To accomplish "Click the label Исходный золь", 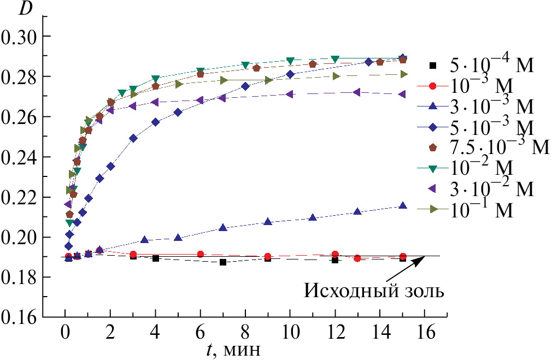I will click(374, 291).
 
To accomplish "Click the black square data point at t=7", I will click(222, 262).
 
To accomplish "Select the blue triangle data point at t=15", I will click(403, 206).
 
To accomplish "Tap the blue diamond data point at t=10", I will click(290, 74).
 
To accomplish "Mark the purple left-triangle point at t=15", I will click(403, 94).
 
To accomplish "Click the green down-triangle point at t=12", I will click(335, 58).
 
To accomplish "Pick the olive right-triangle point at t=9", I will click(268, 80).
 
